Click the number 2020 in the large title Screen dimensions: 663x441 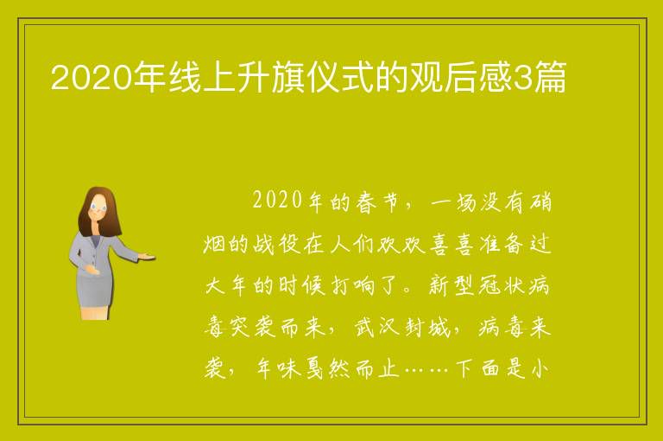[91, 77]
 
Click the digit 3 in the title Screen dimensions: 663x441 [521, 78]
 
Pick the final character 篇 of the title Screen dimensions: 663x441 [549, 77]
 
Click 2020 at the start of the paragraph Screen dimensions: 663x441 [277, 200]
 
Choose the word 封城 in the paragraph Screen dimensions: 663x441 [427, 328]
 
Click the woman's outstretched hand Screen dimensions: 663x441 [148, 256]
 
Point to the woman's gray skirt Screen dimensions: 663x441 [95, 291]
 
